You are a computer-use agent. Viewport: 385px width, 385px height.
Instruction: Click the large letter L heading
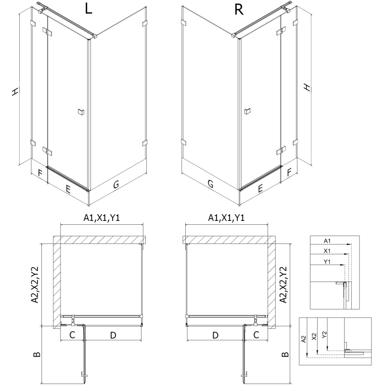[87, 10]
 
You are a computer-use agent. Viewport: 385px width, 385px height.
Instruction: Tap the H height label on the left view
[15, 91]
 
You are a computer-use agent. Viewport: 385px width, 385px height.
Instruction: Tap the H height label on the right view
[307, 88]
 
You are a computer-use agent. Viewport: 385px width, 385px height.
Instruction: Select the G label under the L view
[116, 184]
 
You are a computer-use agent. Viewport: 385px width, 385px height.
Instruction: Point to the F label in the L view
[40, 172]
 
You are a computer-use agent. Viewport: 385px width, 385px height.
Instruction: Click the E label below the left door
[68, 189]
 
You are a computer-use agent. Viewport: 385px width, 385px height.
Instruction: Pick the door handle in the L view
[80, 112]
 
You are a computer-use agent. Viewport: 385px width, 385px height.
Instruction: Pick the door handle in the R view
[247, 112]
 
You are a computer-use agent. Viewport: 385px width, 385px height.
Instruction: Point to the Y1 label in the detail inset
[327, 262]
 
